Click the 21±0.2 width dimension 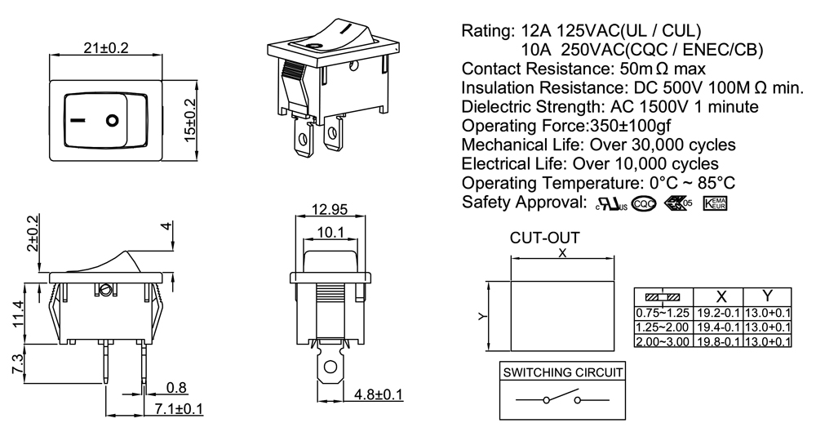106,48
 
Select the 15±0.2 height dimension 190,118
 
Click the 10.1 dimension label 329,233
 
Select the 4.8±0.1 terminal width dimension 379,394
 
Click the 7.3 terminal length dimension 18,363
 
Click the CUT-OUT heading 544,238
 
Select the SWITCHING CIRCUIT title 562,372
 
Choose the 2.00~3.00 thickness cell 663,341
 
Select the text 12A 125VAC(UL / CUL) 610,31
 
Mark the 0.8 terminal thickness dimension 175,387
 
